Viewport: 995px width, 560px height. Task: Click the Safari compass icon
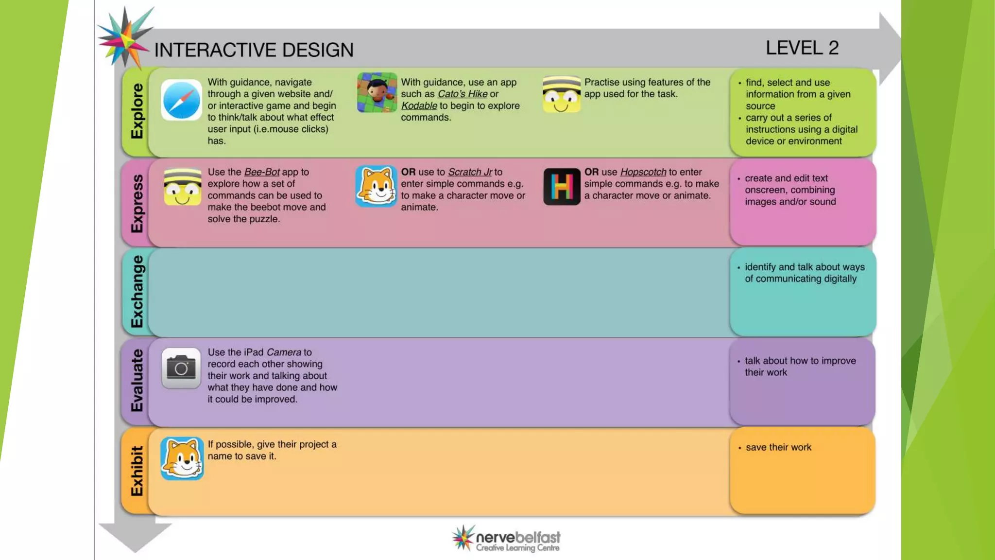point(181,100)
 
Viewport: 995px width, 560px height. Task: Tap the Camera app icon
point(181,368)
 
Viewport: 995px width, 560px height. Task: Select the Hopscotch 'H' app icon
point(562,187)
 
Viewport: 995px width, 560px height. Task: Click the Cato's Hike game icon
point(377,92)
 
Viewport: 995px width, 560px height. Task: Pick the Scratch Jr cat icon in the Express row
point(376,186)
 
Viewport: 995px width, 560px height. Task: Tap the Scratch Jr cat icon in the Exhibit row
point(182,458)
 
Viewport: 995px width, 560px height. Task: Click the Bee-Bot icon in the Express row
point(182,187)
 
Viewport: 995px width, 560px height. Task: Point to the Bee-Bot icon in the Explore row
point(561,94)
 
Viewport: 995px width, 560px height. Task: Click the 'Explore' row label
point(137,111)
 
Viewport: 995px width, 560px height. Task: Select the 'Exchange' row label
point(137,292)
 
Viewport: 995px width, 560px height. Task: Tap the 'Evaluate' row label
point(137,381)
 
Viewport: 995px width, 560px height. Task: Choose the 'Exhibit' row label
point(137,471)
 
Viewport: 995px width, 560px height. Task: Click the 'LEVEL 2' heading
point(802,48)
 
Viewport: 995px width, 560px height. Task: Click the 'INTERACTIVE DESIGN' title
point(254,50)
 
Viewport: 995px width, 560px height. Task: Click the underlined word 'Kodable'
point(419,106)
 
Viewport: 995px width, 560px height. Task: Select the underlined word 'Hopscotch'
point(643,172)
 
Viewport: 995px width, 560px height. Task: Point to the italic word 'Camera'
point(284,352)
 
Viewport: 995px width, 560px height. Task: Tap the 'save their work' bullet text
point(778,447)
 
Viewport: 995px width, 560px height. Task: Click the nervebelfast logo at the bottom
point(506,539)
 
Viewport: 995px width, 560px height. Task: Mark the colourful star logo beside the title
point(124,37)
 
